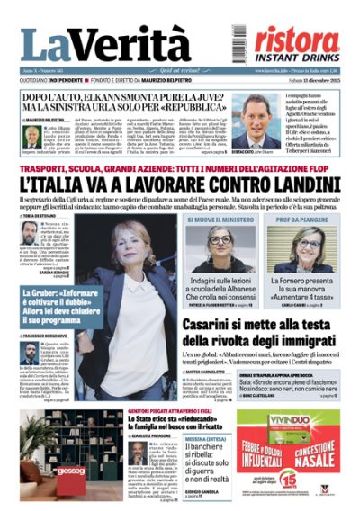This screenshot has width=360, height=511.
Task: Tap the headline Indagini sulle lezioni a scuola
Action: [220, 290]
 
